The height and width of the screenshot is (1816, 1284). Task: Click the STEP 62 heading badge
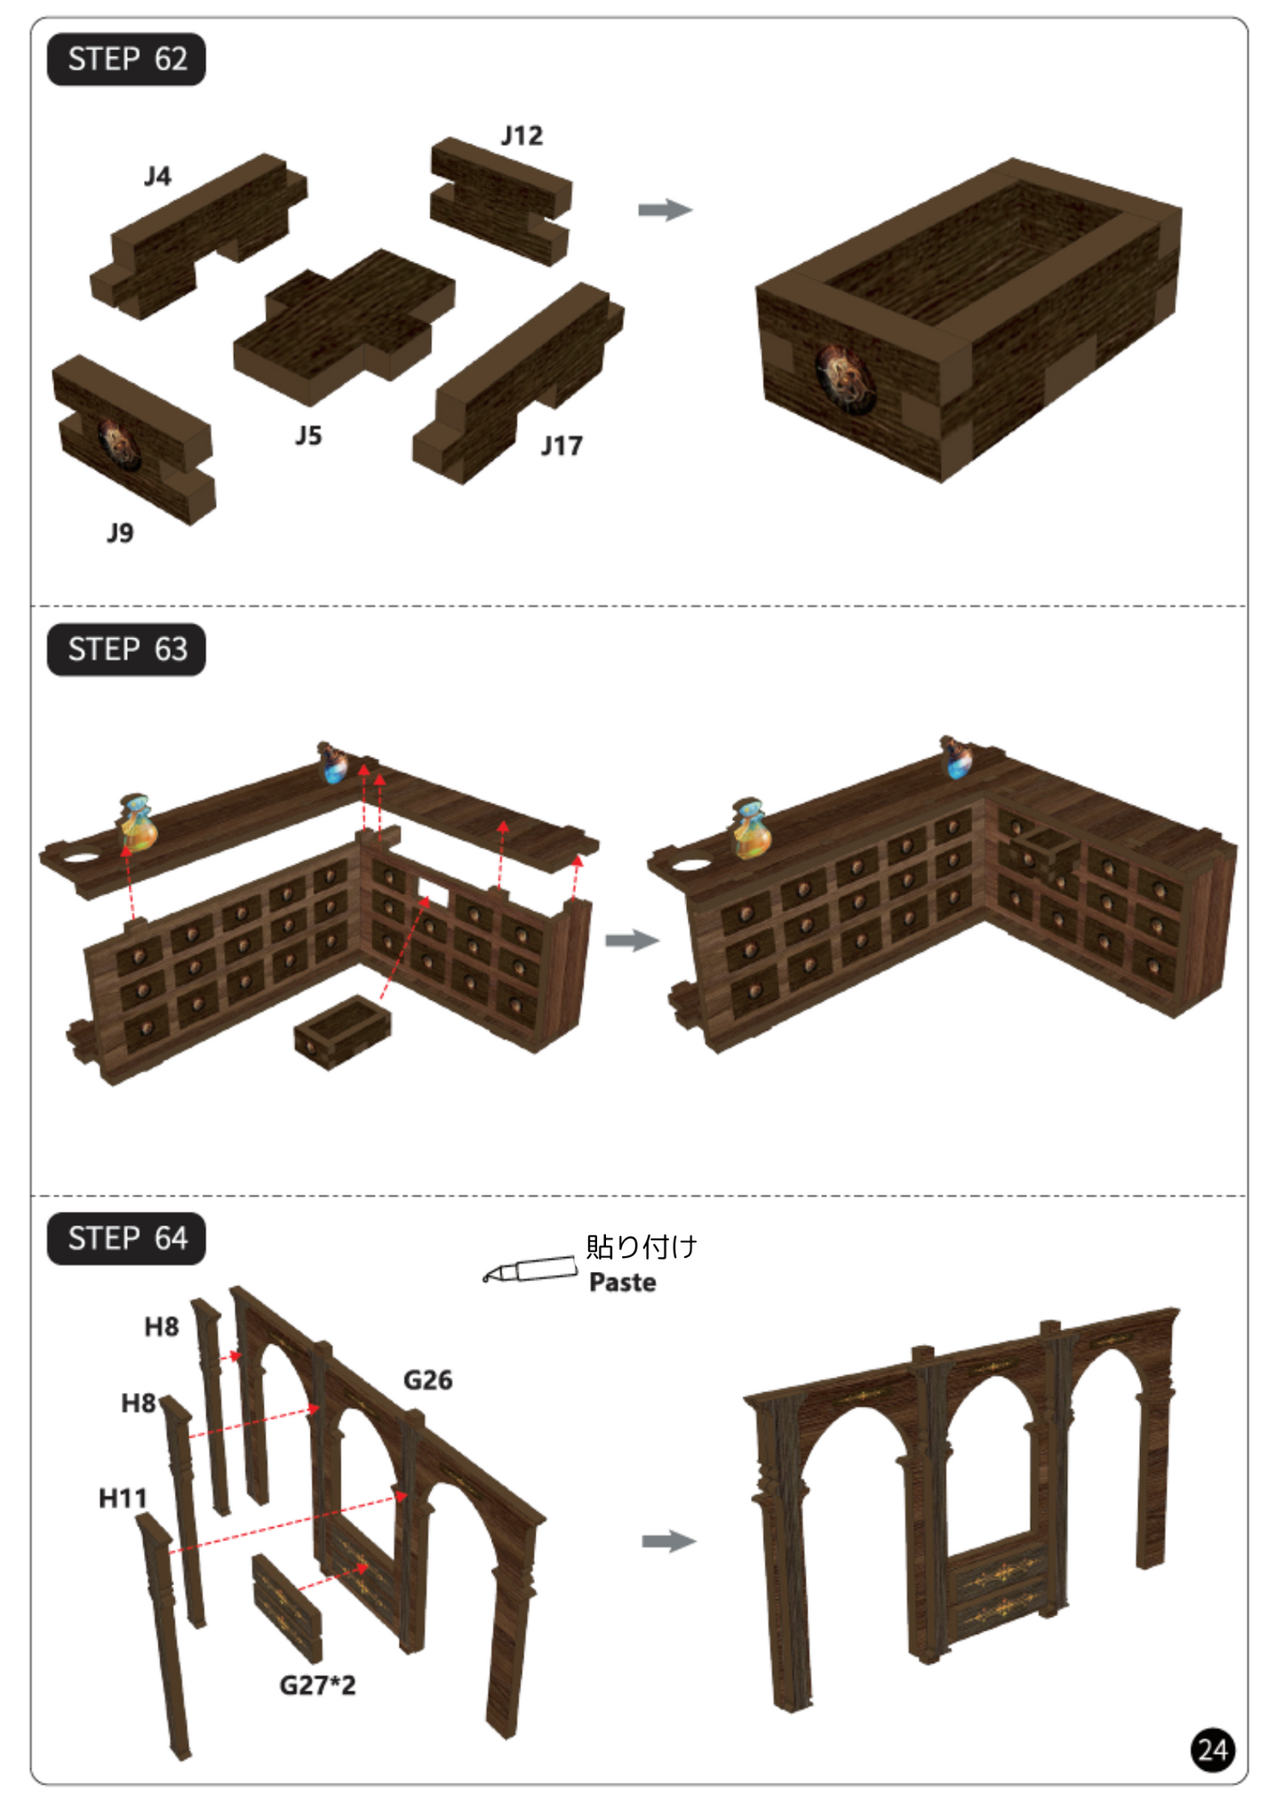(126, 60)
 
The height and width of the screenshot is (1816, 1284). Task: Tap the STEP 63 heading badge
(126, 649)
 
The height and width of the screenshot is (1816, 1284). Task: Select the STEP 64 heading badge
(126, 1239)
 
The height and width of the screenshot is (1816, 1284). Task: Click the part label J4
(157, 177)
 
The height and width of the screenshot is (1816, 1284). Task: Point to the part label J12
(522, 136)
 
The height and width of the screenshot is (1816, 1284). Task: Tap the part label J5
(308, 436)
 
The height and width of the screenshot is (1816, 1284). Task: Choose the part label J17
(562, 446)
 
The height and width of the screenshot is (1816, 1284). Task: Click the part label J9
(120, 533)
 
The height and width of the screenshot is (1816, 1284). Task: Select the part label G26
(427, 1381)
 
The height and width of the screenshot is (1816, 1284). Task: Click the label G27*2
(317, 1685)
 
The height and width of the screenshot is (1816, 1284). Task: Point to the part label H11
(123, 1499)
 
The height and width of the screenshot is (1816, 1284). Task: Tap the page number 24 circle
(1213, 1750)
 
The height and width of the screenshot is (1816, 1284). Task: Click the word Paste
(623, 1283)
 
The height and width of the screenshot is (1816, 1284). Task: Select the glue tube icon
(530, 1270)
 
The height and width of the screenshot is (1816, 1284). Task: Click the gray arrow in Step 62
(665, 211)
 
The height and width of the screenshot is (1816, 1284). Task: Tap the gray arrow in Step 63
(632, 941)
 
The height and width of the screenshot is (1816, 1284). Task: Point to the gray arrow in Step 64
(669, 1541)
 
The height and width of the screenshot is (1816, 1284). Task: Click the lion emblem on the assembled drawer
(845, 379)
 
